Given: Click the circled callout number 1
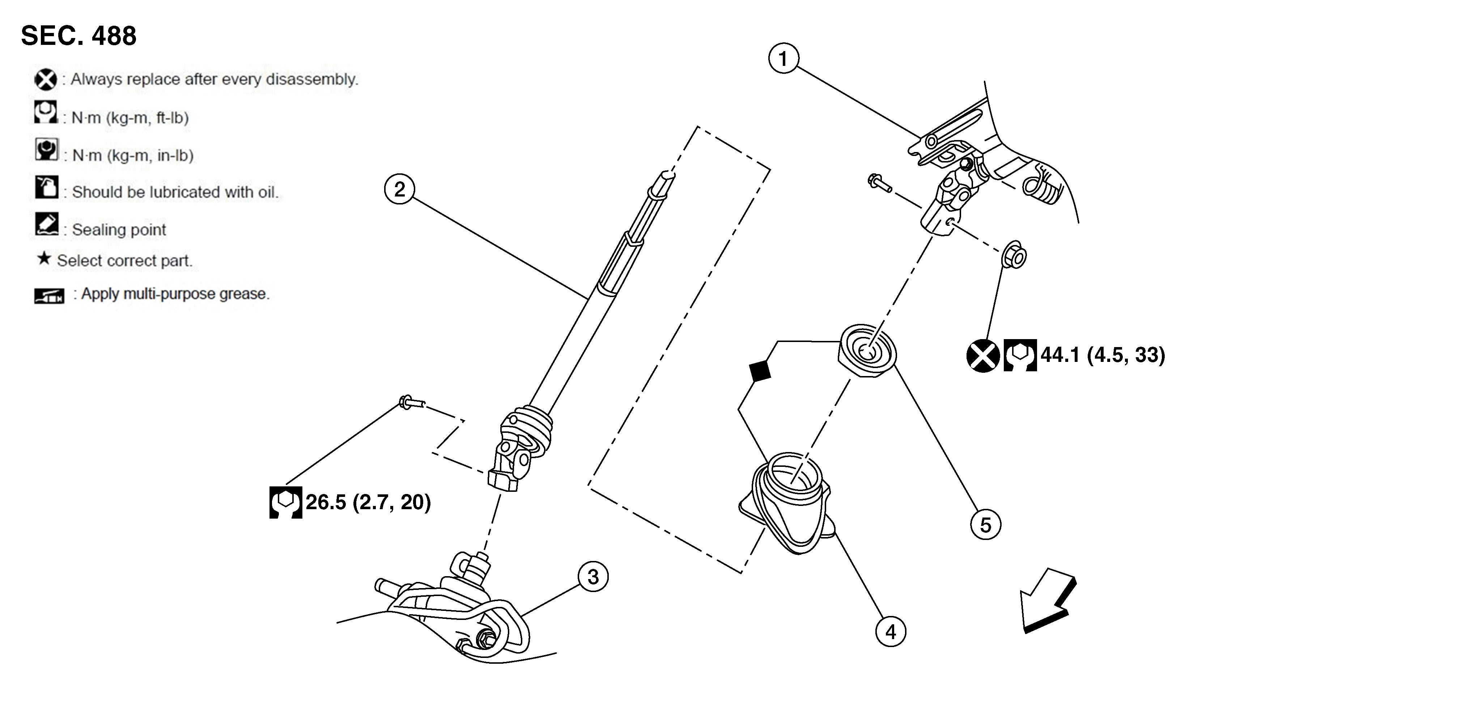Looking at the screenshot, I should [x=783, y=59].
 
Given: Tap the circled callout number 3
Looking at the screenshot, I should [x=593, y=577].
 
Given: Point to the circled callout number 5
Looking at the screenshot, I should [x=986, y=524].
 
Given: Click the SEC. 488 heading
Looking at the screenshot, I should [x=79, y=36].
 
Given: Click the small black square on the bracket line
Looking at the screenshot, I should [x=760, y=371].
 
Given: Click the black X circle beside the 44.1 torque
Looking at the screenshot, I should [x=983, y=356].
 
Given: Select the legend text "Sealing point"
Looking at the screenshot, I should [x=119, y=230].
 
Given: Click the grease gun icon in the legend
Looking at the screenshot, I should [x=49, y=295].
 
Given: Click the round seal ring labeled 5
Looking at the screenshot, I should [x=867, y=351].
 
